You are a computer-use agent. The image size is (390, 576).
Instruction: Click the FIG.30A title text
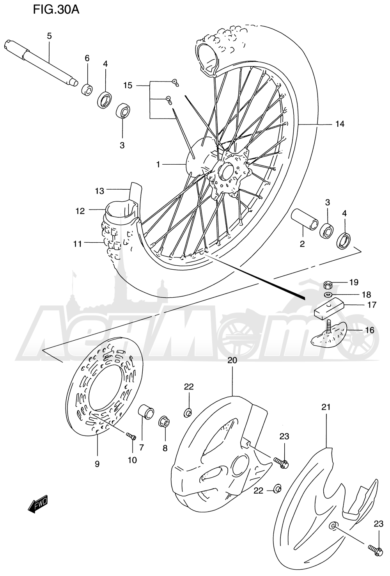pos(56,10)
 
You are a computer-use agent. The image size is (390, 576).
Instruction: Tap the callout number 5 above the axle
pos(49,36)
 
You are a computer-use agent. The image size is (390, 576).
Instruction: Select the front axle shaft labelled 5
pos(41,63)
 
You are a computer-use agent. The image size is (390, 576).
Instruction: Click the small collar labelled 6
pos(87,90)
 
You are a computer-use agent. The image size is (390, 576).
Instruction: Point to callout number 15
pos(128,85)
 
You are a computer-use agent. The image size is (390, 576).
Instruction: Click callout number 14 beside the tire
pos(340,124)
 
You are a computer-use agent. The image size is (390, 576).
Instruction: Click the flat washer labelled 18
pos(327,294)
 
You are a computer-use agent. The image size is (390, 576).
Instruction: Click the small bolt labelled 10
pos(131,436)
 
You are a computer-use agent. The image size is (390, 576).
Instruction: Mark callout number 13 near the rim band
pos(99,191)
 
